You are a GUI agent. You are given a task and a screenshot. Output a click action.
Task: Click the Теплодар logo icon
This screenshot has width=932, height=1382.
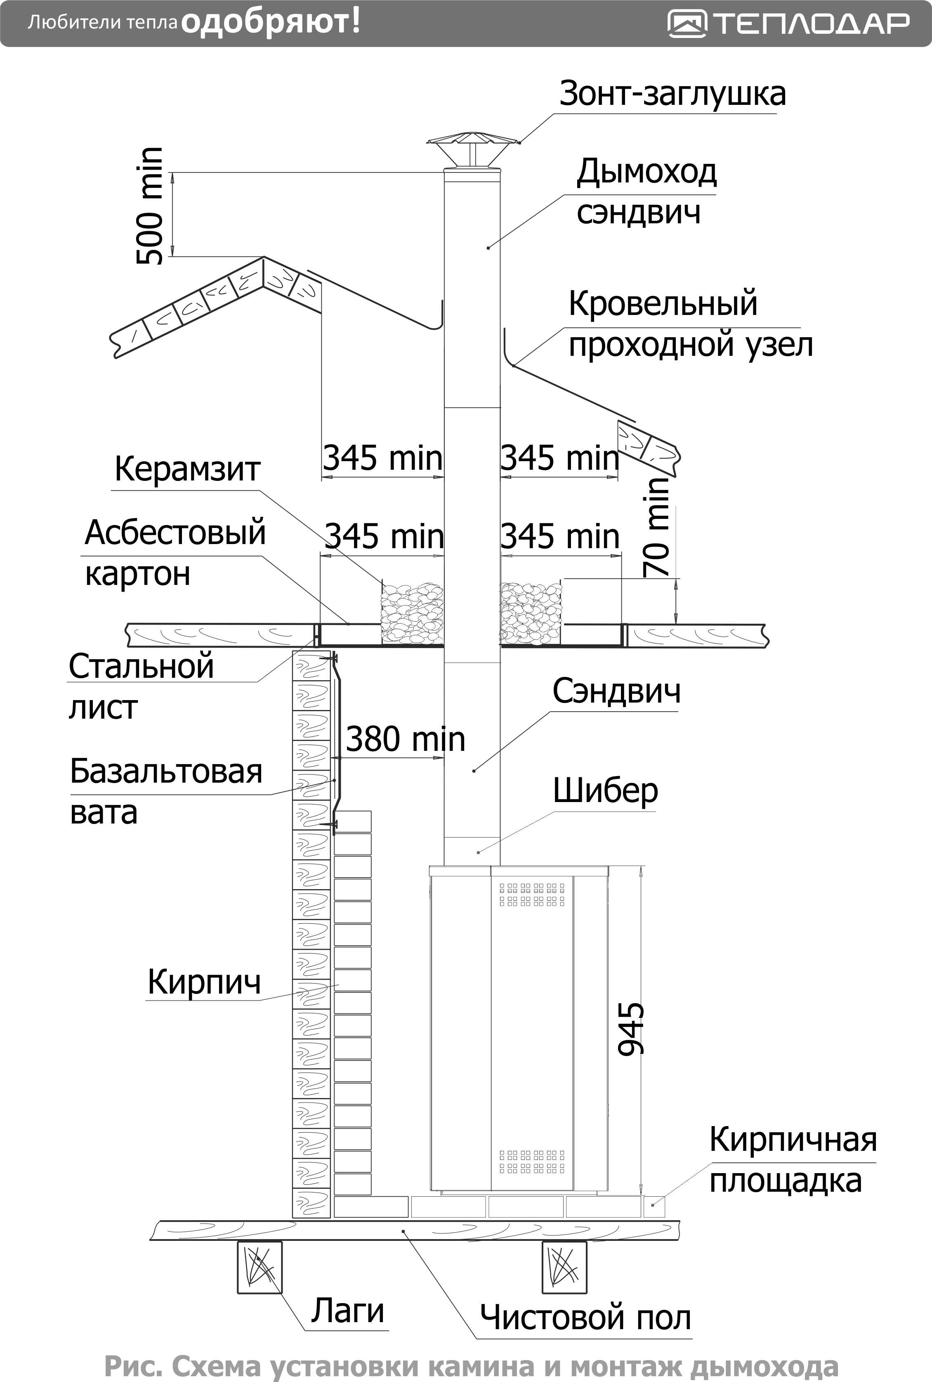[x=687, y=24]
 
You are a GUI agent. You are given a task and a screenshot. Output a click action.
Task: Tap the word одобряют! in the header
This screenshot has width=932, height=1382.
[x=271, y=23]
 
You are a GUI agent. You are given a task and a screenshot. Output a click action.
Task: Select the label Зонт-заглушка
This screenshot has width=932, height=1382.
[x=672, y=93]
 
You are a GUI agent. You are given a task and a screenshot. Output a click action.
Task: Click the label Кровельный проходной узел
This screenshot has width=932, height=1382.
[x=691, y=324]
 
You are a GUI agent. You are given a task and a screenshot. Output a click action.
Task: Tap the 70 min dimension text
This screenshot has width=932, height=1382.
[x=657, y=526]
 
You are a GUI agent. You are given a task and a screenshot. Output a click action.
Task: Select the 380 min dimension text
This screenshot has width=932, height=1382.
[x=406, y=739]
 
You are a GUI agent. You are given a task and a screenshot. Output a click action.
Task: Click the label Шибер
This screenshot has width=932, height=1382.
[x=606, y=791]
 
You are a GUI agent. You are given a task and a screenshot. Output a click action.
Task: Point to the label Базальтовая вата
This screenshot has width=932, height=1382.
[x=166, y=791]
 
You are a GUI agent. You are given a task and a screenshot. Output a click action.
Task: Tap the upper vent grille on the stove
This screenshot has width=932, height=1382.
[x=532, y=895]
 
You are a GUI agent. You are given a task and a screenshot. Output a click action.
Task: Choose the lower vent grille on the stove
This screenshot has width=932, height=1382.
[x=532, y=1162]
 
